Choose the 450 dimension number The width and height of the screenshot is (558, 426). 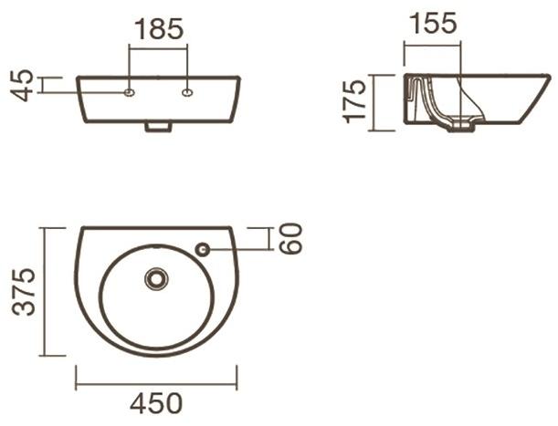[157, 402]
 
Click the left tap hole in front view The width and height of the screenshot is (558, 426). [130, 92]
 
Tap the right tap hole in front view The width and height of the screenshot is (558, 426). [188, 92]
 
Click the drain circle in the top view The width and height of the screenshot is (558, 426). [158, 277]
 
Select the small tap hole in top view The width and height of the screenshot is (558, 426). [203, 248]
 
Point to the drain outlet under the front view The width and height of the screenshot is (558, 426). [158, 128]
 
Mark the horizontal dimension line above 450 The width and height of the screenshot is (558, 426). [156, 377]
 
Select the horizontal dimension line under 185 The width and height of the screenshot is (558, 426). [159, 48]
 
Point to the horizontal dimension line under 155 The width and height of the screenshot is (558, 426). [433, 45]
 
